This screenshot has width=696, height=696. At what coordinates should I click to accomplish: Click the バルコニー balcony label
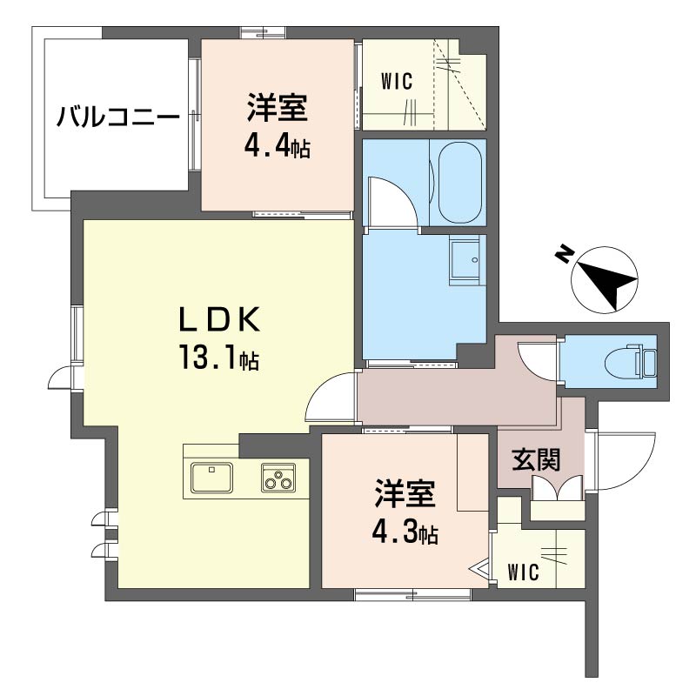(118, 117)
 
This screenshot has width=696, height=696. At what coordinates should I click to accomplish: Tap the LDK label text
(219, 320)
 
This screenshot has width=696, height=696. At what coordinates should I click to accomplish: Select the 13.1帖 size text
(219, 358)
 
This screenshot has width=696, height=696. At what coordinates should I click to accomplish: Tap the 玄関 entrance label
(536, 460)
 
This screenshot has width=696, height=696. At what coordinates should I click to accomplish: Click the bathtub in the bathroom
(460, 183)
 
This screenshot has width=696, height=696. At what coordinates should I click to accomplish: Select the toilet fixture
(630, 363)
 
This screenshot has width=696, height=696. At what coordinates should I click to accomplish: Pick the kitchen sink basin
(211, 477)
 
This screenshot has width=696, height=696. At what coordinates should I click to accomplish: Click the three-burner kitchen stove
(278, 477)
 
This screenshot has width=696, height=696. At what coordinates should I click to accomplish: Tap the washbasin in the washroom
(465, 259)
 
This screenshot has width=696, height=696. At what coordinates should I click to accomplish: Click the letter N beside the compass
(563, 253)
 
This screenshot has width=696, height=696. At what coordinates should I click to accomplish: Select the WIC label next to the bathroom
(397, 82)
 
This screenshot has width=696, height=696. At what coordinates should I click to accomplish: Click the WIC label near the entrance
(524, 572)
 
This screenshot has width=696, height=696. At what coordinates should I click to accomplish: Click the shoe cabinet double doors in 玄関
(557, 488)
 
